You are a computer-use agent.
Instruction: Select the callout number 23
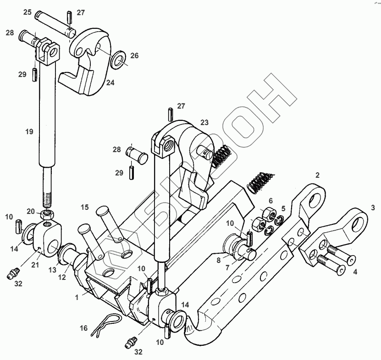(204, 122)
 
